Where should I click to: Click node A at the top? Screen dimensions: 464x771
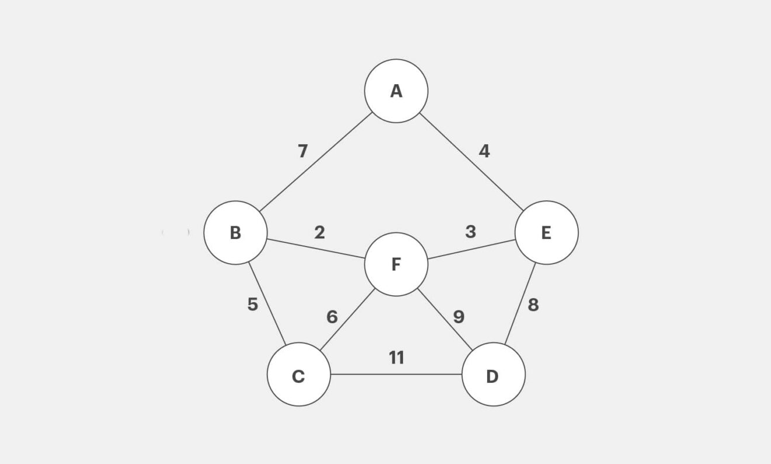pyautogui.click(x=396, y=91)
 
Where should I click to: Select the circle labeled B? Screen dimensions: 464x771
pyautogui.click(x=235, y=233)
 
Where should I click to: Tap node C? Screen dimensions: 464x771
pyautogui.click(x=298, y=375)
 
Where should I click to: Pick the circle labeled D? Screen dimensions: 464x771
pyautogui.click(x=493, y=375)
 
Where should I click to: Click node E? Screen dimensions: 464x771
pyautogui.click(x=546, y=233)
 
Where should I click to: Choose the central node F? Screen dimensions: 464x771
pyautogui.click(x=396, y=264)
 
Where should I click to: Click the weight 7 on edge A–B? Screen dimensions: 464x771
pyautogui.click(x=303, y=151)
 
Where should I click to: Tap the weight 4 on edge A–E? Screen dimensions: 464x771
pyautogui.click(x=484, y=151)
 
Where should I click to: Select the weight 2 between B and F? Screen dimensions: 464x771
pyautogui.click(x=319, y=233)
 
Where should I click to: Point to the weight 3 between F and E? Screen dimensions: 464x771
pyautogui.click(x=471, y=232)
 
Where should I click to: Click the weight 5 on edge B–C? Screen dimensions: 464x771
pyautogui.click(x=252, y=304)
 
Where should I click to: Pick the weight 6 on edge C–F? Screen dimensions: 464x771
pyautogui.click(x=332, y=317)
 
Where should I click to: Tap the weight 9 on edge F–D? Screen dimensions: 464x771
pyautogui.click(x=459, y=317)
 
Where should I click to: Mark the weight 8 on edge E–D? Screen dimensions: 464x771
pyautogui.click(x=533, y=304)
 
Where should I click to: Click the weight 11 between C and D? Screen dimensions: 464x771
pyautogui.click(x=397, y=358)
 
